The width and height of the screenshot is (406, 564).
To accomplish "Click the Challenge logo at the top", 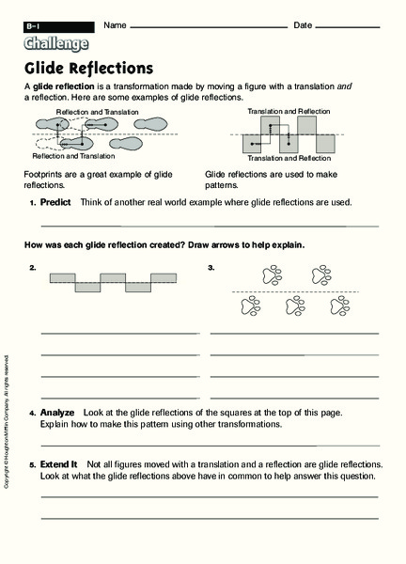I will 57,42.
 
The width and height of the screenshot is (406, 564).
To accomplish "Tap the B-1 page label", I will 37,24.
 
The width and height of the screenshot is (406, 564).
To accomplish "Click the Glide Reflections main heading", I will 89,69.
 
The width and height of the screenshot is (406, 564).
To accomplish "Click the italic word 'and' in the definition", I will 344,86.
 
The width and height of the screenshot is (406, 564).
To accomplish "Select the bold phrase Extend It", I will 59,464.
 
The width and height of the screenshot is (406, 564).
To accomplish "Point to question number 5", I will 32,464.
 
